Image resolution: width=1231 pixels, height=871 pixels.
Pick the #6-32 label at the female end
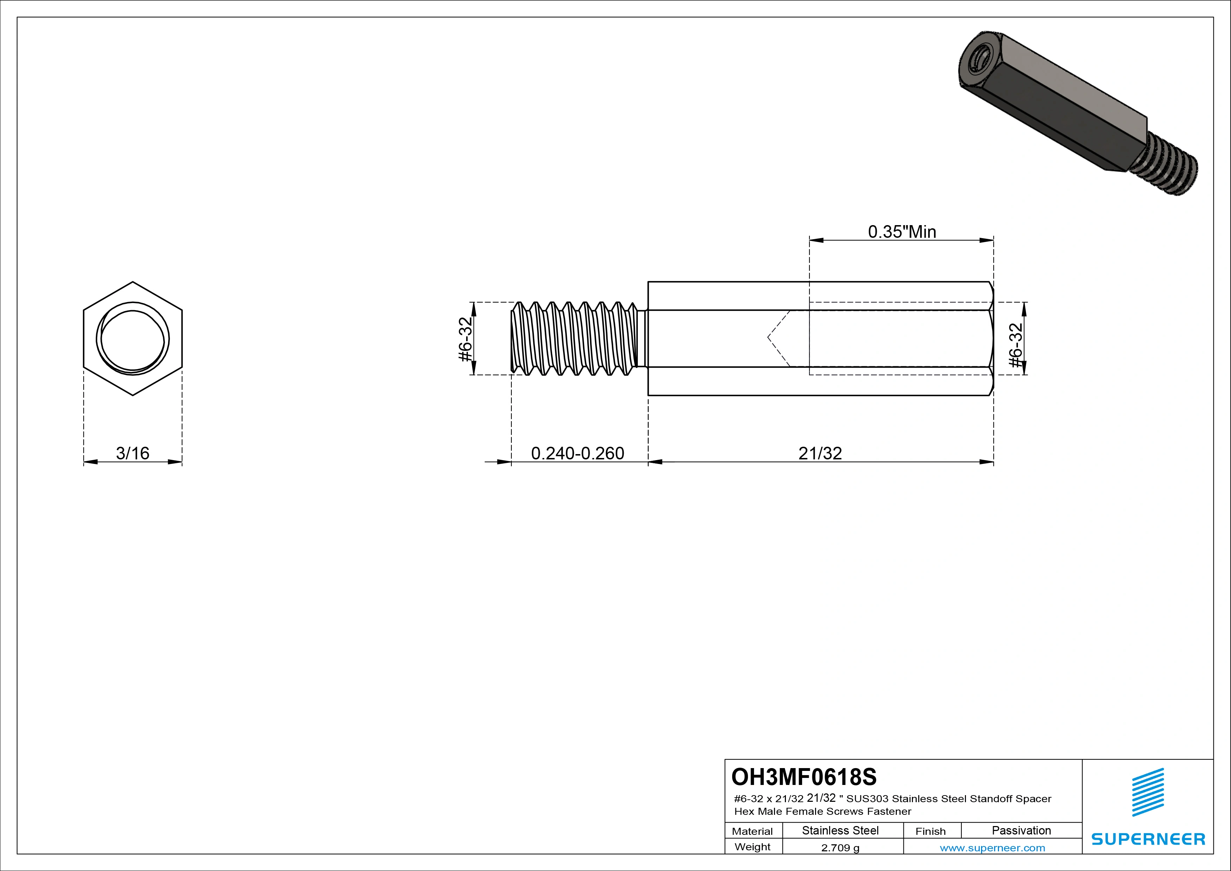(x=1015, y=345)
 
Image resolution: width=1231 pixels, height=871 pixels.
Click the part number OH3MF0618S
(x=804, y=777)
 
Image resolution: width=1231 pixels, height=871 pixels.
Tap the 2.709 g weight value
(x=840, y=848)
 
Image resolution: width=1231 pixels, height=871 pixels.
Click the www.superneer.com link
(x=992, y=848)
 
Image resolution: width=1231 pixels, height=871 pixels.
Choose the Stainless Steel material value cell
(x=840, y=830)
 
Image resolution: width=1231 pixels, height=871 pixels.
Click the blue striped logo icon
(x=1148, y=792)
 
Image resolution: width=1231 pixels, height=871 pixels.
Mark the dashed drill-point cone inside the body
(x=779, y=338)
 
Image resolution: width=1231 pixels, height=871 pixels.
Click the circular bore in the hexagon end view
(x=132, y=339)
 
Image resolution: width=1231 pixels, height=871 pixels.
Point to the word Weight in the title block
(x=752, y=847)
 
